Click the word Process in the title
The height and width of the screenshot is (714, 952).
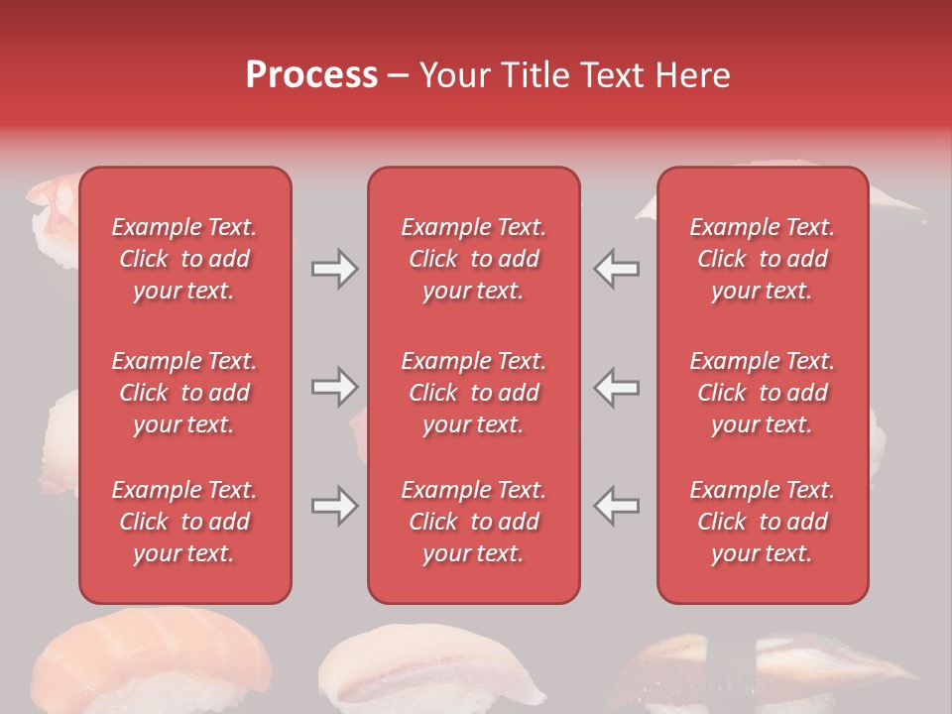point(311,75)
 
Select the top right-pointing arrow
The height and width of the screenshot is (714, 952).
point(334,269)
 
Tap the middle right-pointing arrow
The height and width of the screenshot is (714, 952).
point(334,388)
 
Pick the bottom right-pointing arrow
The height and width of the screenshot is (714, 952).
point(334,506)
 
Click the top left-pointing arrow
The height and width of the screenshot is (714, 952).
point(616,269)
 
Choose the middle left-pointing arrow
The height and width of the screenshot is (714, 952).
point(616,388)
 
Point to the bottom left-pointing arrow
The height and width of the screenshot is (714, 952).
point(616,506)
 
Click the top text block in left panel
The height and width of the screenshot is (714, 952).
point(184,259)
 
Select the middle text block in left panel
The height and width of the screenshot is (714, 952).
point(184,393)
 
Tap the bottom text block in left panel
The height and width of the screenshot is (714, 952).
point(184,522)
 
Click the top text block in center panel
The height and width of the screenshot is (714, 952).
point(473,259)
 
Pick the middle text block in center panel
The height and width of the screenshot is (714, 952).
point(473,393)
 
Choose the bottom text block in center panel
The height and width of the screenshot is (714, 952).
point(473,522)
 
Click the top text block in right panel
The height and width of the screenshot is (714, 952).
point(762,259)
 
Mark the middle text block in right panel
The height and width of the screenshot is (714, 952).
point(762,393)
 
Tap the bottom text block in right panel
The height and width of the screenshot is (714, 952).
point(762,522)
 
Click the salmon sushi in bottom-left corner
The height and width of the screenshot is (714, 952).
point(149,659)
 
